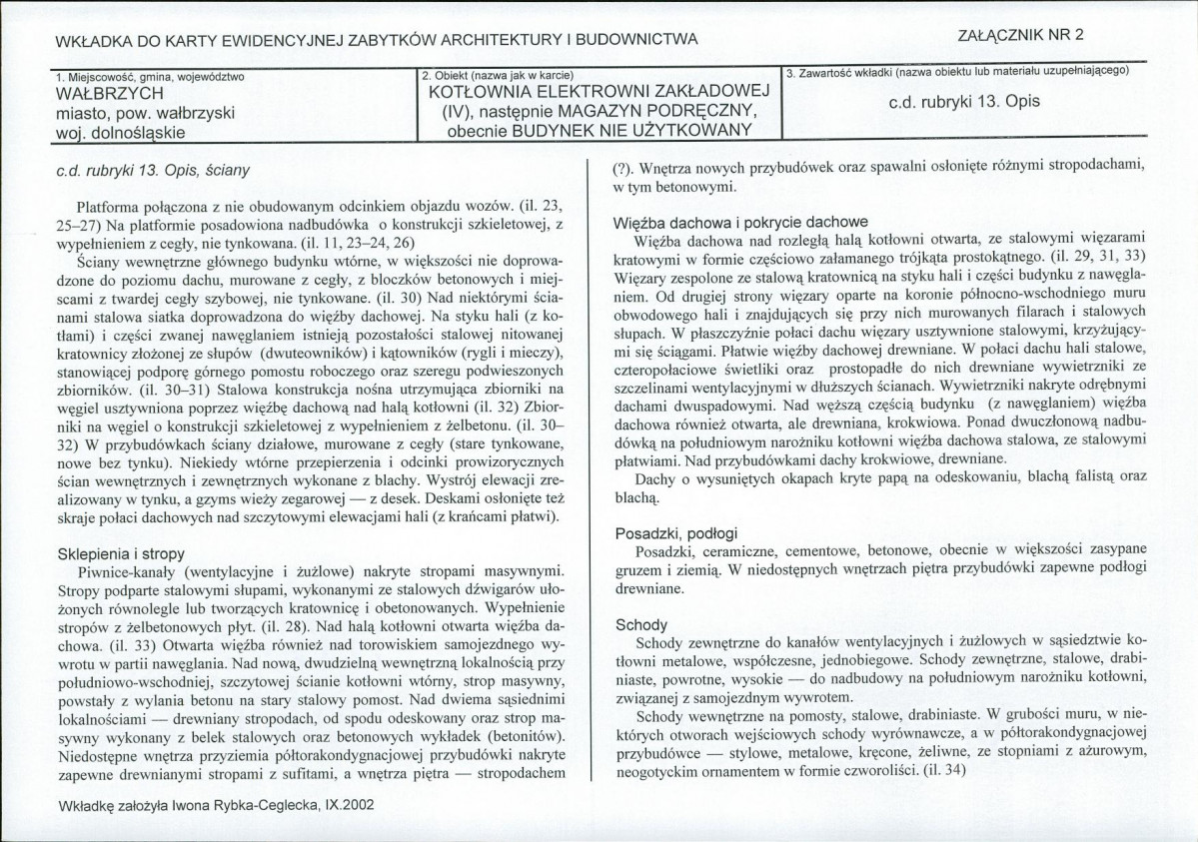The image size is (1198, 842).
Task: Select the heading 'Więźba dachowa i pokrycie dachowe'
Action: (740, 222)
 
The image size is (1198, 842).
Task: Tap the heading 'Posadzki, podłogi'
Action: (670, 533)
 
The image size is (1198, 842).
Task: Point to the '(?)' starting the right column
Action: (620, 167)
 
